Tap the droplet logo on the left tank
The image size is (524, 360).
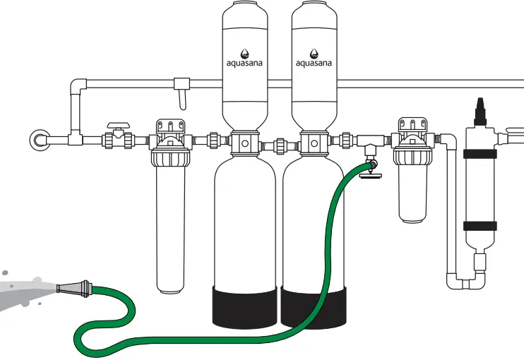(244, 52)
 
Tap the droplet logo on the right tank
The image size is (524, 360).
(314, 52)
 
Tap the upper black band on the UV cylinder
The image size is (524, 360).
(480, 155)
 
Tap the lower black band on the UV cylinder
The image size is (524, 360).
(480, 227)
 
